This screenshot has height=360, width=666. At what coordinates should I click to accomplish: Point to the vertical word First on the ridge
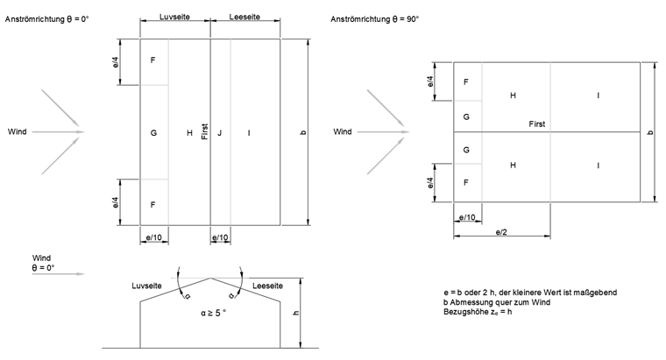point(204,132)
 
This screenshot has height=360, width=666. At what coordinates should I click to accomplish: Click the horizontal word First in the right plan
point(536,124)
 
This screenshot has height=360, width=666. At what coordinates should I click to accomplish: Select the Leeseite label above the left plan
point(245,17)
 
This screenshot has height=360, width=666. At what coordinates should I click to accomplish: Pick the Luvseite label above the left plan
point(175,17)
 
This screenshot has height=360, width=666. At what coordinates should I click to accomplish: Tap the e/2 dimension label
point(502,232)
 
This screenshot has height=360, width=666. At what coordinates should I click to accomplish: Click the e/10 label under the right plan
point(467,216)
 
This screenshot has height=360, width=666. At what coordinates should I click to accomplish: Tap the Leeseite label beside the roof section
point(268,286)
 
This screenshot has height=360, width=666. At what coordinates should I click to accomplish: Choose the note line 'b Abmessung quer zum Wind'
point(494,302)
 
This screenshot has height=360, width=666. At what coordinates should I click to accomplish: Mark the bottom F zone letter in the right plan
point(466,182)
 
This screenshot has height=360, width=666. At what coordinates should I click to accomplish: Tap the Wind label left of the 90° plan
point(343,132)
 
